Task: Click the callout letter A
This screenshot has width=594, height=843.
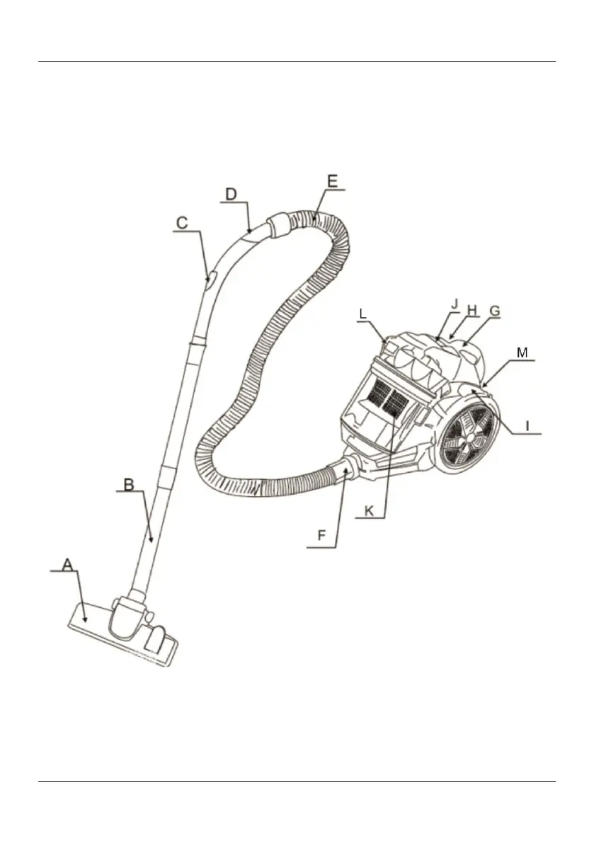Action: click(67, 565)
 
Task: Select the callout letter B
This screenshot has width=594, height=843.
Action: click(129, 484)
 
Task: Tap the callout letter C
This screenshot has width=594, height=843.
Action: click(182, 223)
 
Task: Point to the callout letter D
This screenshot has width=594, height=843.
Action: click(231, 194)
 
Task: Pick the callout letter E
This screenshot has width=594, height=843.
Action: click(333, 181)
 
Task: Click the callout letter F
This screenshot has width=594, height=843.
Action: click(321, 535)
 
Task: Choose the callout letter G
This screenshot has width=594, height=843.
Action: click(495, 311)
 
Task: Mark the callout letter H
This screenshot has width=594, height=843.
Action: click(472, 310)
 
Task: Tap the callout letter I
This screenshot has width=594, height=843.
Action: click(527, 426)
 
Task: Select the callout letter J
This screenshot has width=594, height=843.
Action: click(455, 304)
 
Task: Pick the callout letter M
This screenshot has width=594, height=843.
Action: click(522, 352)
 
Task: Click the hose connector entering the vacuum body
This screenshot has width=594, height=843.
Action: click(347, 466)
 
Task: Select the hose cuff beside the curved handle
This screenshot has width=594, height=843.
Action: click(280, 224)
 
